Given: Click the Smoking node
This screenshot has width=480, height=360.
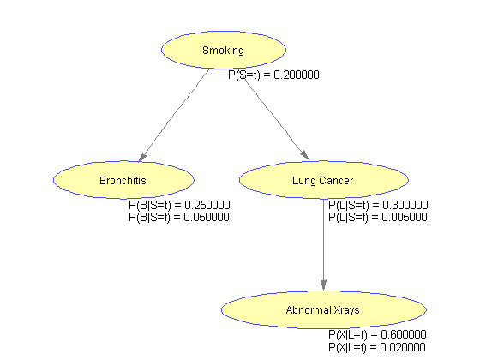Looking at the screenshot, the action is point(224,50).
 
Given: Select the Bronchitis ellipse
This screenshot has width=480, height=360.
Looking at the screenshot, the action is point(123,180).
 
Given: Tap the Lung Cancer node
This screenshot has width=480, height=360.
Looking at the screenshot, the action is point(324,180).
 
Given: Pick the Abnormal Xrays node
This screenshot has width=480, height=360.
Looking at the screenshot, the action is point(324,309).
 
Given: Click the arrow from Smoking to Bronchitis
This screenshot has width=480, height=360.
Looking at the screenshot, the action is point(174,116).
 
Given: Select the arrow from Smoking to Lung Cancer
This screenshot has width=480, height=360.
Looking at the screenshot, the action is point(276,118).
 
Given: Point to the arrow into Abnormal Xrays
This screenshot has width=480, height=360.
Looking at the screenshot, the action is point(324,245).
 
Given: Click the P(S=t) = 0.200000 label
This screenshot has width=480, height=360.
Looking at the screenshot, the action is point(273,75).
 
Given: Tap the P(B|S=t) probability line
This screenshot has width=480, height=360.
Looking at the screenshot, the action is point(179,205).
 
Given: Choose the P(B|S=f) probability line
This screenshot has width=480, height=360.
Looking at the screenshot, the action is point(179,217).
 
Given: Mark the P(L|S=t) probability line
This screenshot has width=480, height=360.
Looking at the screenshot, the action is point(378,205).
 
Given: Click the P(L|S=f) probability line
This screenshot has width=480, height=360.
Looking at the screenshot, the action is point(378,217).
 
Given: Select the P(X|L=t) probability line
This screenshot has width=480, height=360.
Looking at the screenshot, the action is point(377,334).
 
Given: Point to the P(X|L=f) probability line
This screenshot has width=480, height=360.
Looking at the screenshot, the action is point(377,347).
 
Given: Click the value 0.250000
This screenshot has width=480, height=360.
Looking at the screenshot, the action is point(207,205).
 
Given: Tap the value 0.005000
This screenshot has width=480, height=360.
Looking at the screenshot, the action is point(405,217).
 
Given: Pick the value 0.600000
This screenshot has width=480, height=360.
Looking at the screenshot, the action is point(404,334).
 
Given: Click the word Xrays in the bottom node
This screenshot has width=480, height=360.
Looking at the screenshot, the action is point(346,310).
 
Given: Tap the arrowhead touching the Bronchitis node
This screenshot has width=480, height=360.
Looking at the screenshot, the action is point(142,158).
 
